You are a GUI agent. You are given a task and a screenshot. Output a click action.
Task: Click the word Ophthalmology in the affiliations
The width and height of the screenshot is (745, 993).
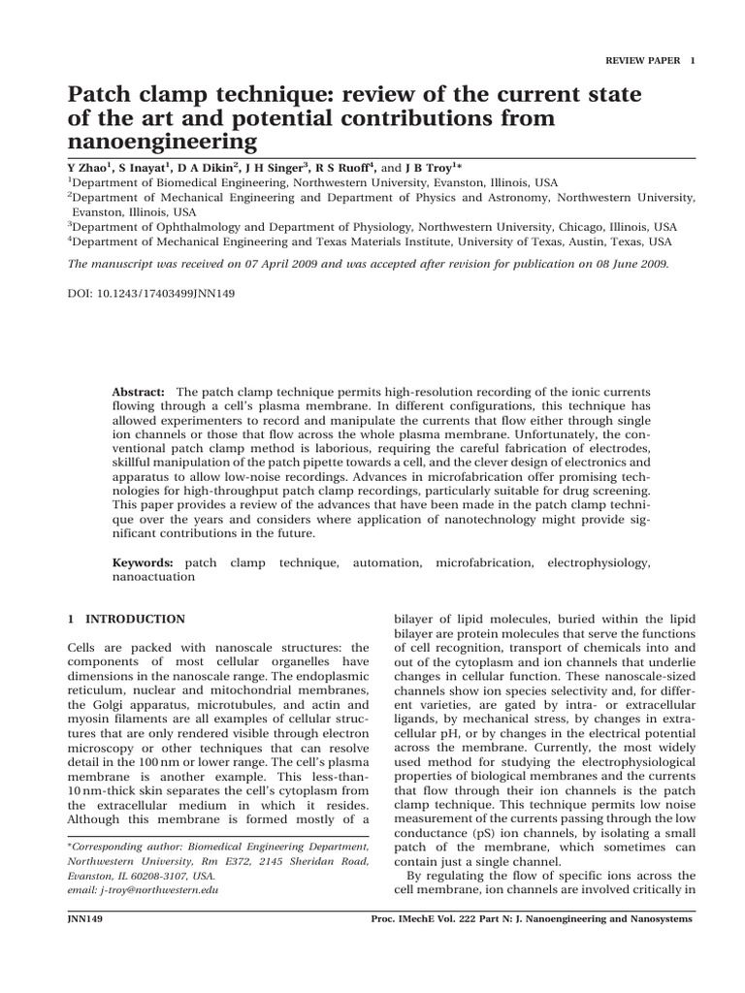pyautogui.click(x=188, y=227)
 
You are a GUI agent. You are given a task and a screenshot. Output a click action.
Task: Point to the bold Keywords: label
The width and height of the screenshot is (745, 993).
pyautogui.click(x=143, y=561)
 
